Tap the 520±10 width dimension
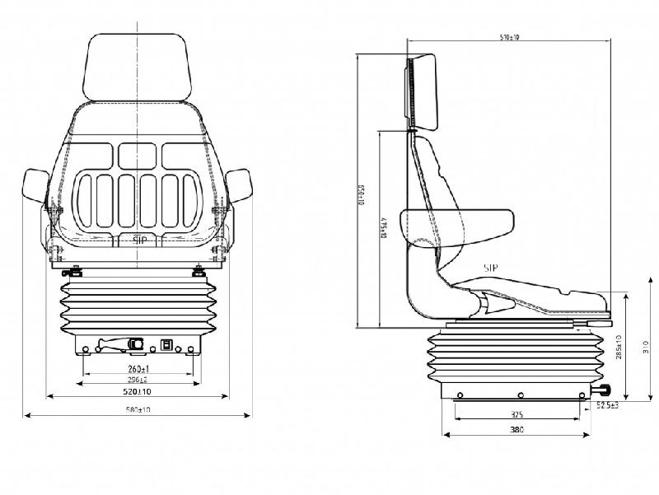138,394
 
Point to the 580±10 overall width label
138,410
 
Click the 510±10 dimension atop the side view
510,38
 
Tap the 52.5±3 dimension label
607,405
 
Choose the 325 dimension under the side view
516,415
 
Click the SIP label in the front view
139,240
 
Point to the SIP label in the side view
491,268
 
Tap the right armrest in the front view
239,185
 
